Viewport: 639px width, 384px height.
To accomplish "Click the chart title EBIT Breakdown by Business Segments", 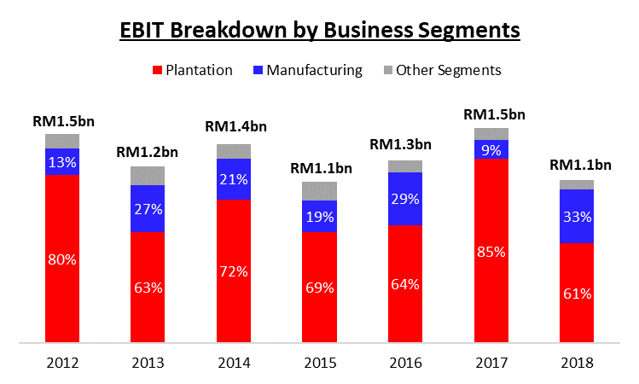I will pyautogui.click(x=320, y=31).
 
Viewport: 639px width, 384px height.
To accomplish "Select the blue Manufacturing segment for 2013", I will pyautogui.click(x=148, y=208).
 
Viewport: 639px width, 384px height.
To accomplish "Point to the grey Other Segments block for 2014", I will pyautogui.click(x=233, y=151).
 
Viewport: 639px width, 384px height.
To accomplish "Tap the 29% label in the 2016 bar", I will pyautogui.click(x=404, y=199).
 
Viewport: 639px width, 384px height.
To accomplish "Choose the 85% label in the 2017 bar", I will pyautogui.click(x=491, y=252).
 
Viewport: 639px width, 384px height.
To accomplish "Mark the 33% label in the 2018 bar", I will pyautogui.click(x=577, y=217).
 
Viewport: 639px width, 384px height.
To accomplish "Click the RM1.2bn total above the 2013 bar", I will pyautogui.click(x=148, y=154).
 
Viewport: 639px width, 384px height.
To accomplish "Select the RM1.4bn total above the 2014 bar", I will pyautogui.click(x=233, y=127).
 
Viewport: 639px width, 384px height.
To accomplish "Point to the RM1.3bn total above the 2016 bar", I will pyautogui.click(x=404, y=145).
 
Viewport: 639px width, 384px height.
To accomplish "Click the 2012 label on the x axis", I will pyautogui.click(x=61, y=362).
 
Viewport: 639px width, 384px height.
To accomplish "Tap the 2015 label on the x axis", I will pyautogui.click(x=319, y=362).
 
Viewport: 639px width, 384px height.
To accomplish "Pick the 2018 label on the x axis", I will pyautogui.click(x=577, y=362).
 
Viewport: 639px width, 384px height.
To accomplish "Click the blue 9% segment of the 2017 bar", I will pyautogui.click(x=491, y=148).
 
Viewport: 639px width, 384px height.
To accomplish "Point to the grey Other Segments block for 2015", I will pyautogui.click(x=319, y=191).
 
